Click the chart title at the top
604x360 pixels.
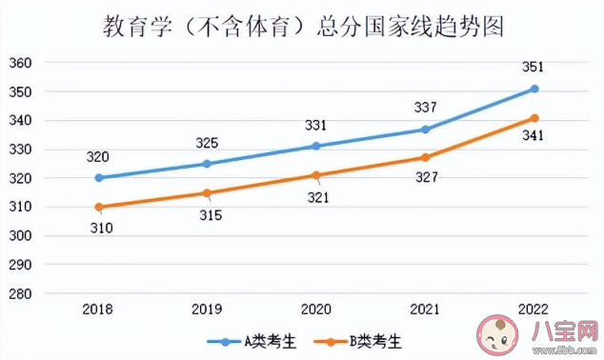[x=303, y=26]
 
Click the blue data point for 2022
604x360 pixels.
[x=534, y=89]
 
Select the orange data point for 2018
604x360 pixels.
[x=99, y=207]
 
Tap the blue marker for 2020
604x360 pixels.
[x=317, y=146]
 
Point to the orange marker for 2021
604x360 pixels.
[x=426, y=157]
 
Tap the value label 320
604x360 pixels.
[x=99, y=157]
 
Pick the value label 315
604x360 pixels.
[x=209, y=215]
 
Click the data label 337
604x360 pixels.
[x=426, y=107]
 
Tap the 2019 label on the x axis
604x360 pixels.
[x=208, y=310]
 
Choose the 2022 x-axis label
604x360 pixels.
[x=534, y=310]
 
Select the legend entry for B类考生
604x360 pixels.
[x=362, y=340]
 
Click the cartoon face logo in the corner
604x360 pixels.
[x=495, y=334]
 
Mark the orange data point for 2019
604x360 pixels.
[x=208, y=192]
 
